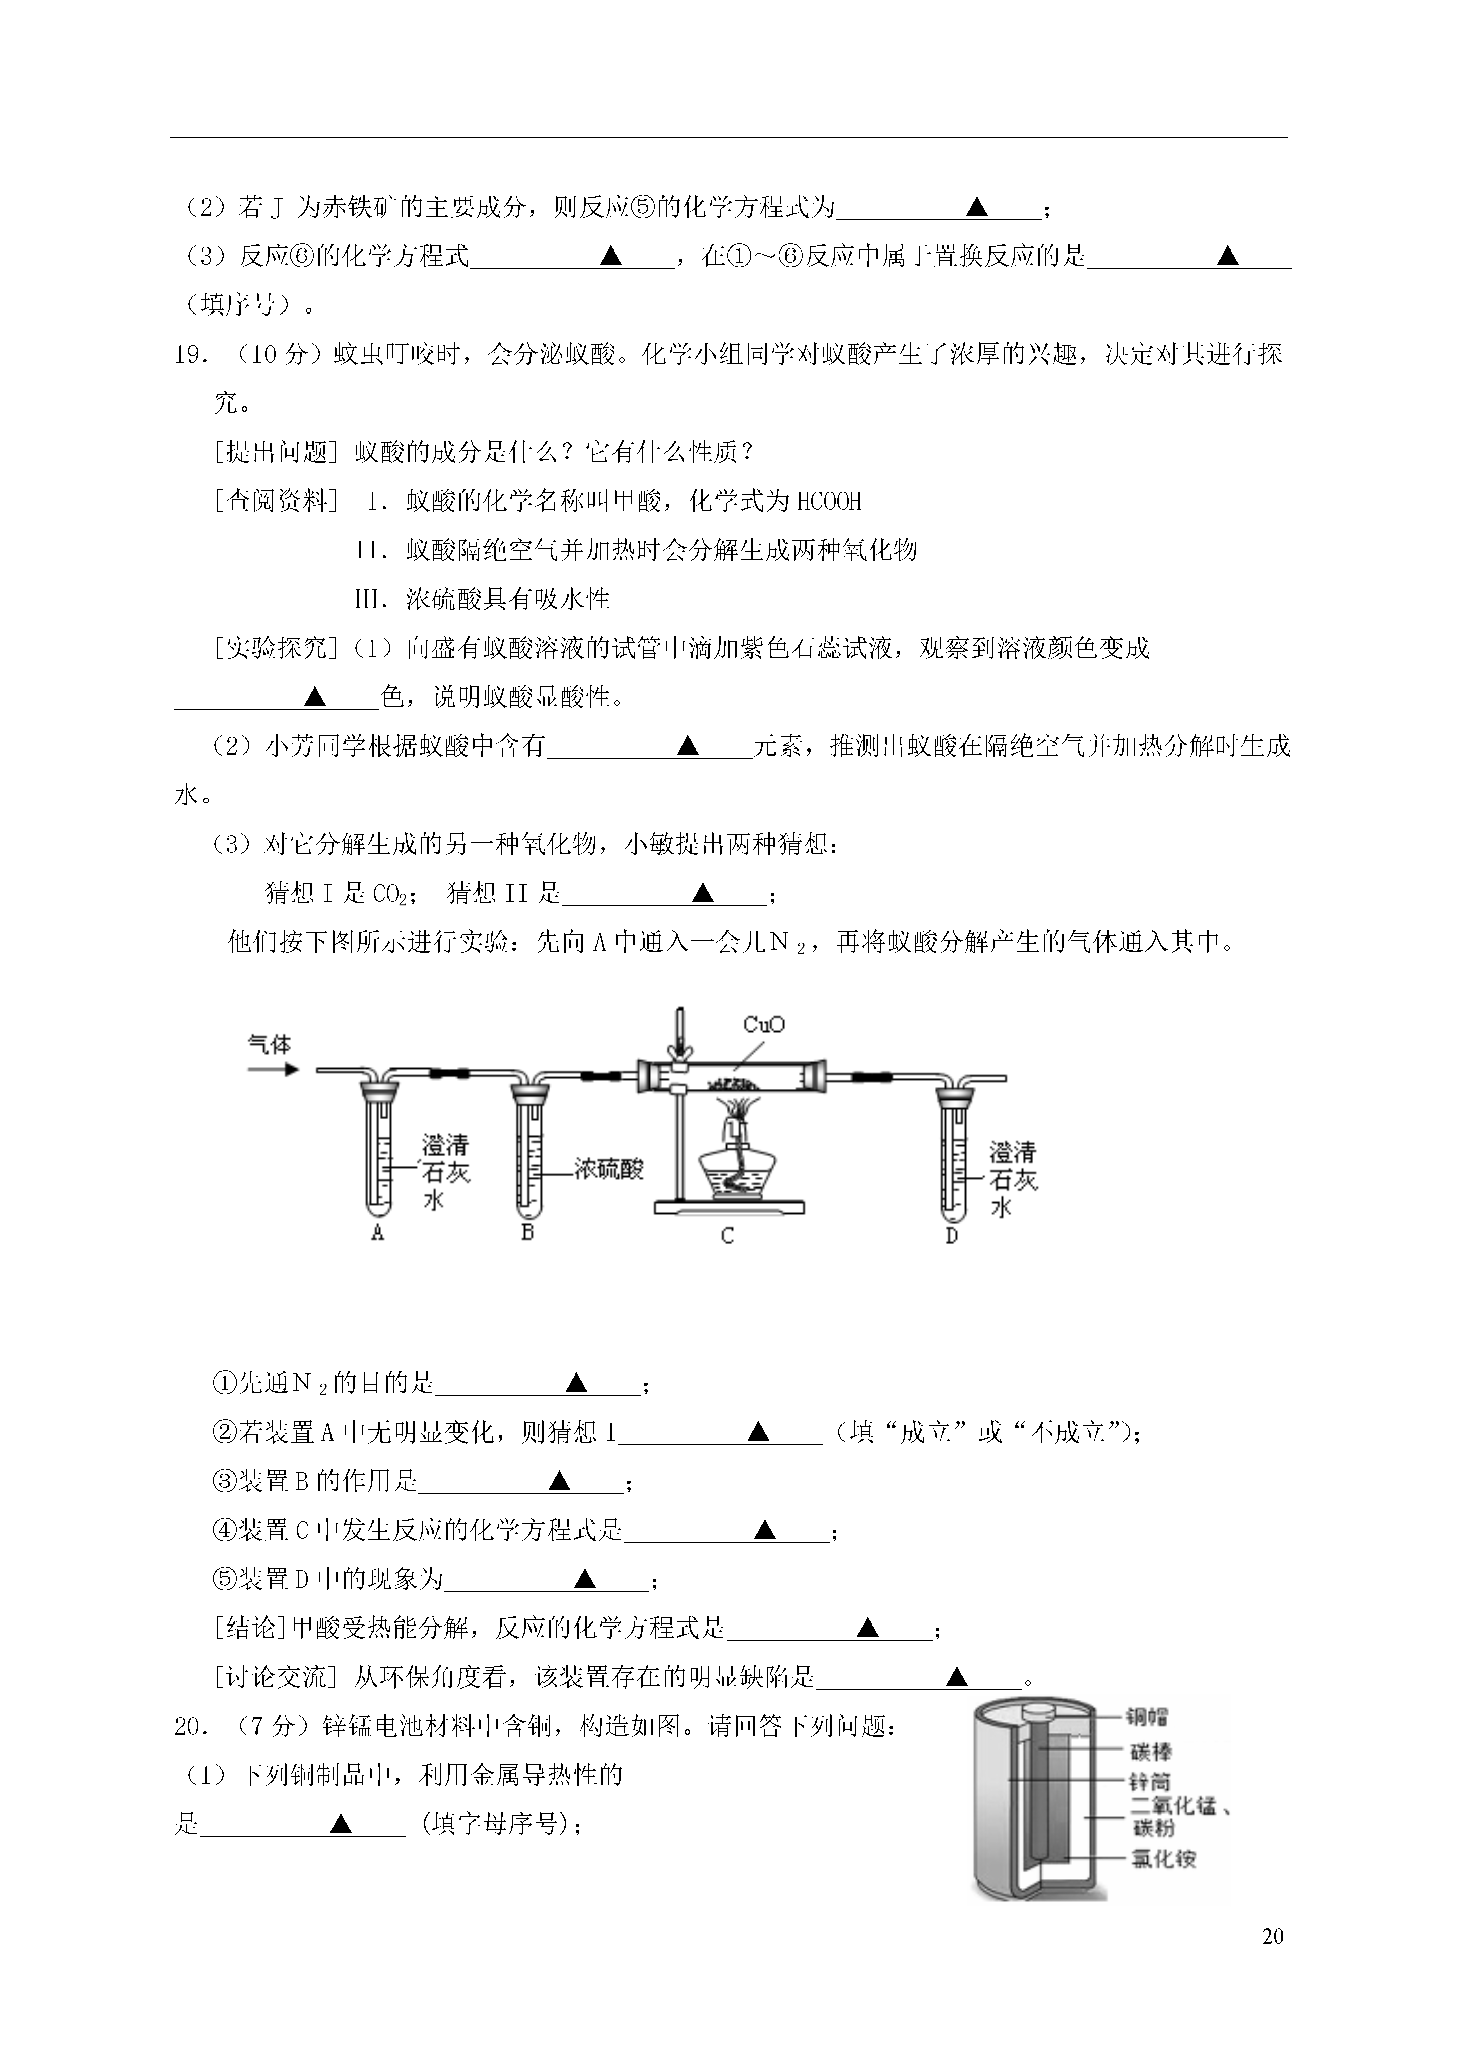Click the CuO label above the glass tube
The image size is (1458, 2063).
(764, 1024)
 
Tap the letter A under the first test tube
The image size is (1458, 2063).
(377, 1234)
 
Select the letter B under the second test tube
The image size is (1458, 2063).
(527, 1232)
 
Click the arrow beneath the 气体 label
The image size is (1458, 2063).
(273, 1069)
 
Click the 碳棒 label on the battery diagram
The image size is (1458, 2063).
(1151, 1751)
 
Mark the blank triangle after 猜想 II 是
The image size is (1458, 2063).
(702, 892)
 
